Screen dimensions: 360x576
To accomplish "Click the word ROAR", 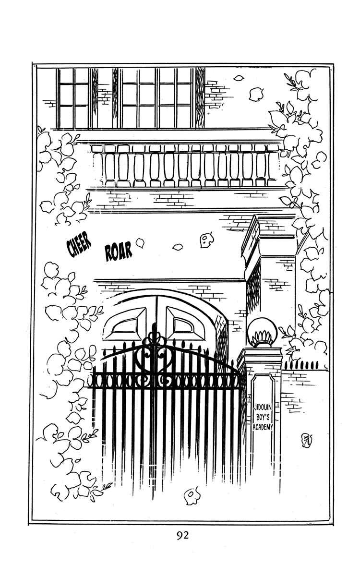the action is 119,252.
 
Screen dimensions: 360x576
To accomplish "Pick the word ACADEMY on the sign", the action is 263,427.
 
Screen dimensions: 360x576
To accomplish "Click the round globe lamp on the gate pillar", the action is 262,333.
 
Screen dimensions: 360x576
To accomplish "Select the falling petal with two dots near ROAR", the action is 206,240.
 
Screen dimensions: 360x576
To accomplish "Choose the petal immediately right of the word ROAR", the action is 140,243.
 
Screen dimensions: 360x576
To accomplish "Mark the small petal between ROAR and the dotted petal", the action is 177,247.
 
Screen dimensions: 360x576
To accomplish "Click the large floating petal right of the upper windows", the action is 256,94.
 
